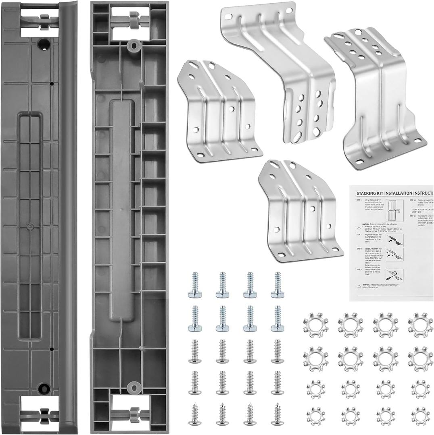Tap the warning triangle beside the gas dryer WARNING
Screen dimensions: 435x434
(359, 286)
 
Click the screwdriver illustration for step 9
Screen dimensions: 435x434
(394, 275)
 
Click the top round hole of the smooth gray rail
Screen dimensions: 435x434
(44, 43)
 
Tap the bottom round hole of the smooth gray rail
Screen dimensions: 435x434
(44, 389)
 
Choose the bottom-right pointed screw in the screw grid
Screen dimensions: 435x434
(278, 414)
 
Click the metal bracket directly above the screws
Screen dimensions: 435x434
(300, 209)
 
